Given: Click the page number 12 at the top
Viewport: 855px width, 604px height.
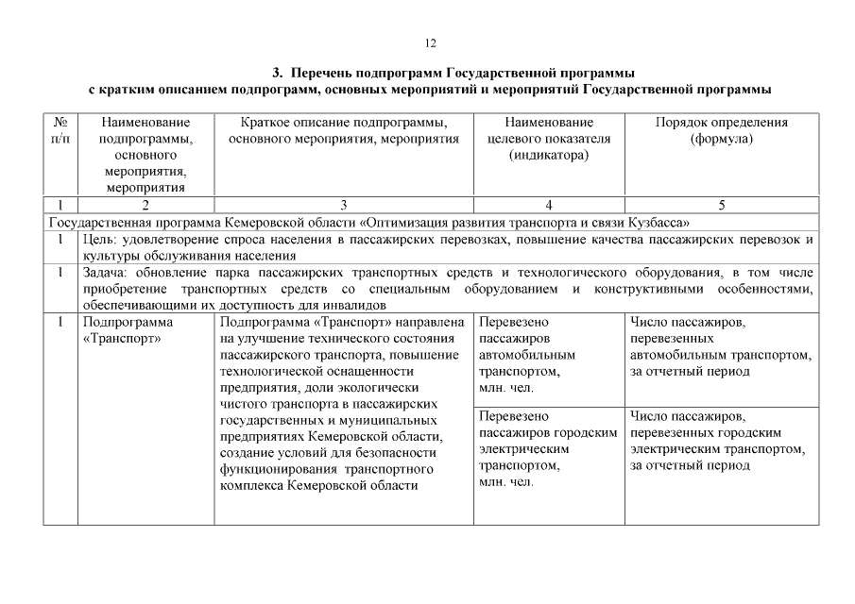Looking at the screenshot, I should pos(430,42).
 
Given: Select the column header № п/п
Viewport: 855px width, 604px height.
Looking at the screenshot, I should pos(60,130).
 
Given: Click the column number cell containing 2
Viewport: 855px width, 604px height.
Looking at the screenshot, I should pos(145,205).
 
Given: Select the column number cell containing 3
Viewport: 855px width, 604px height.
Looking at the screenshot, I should pos(344,205).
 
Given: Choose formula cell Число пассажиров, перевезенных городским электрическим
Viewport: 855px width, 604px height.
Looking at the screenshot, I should pos(718,441).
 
